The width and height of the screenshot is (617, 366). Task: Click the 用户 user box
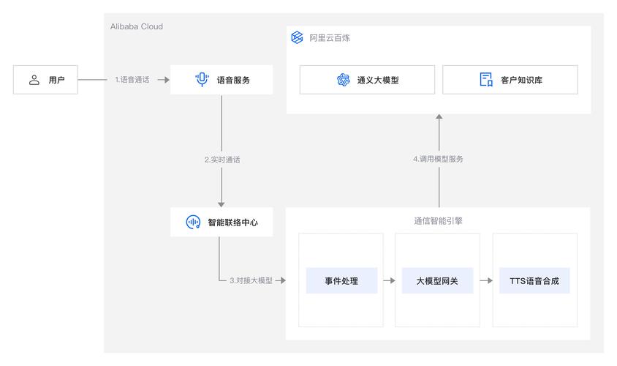tap(45, 80)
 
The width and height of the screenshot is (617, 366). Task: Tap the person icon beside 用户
tap(34, 80)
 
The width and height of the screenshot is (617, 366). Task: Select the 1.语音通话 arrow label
tap(132, 80)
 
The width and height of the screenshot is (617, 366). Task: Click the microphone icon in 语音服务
tap(202, 80)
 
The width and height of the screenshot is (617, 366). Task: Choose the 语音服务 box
tap(222, 80)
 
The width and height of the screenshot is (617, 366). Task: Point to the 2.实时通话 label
tap(222, 160)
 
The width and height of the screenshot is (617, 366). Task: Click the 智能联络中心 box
tap(222, 221)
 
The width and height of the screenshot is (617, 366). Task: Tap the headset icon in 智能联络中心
tap(193, 221)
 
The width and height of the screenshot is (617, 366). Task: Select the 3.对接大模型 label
tap(251, 280)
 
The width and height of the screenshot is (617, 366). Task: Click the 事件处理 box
tap(341, 280)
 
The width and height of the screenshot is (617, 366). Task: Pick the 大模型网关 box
tap(437, 280)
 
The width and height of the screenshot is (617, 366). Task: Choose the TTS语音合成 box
tap(534, 280)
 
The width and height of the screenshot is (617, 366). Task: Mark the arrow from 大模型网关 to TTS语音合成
tap(485, 280)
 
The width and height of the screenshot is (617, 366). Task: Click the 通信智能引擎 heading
tap(437, 219)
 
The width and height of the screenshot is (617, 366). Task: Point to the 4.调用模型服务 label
tap(438, 159)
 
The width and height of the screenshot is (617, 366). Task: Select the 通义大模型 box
tap(367, 80)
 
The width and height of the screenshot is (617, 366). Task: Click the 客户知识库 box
tap(510, 80)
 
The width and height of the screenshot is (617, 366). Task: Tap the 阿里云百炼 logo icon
tap(297, 38)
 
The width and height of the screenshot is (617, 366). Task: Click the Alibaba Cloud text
tap(135, 26)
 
